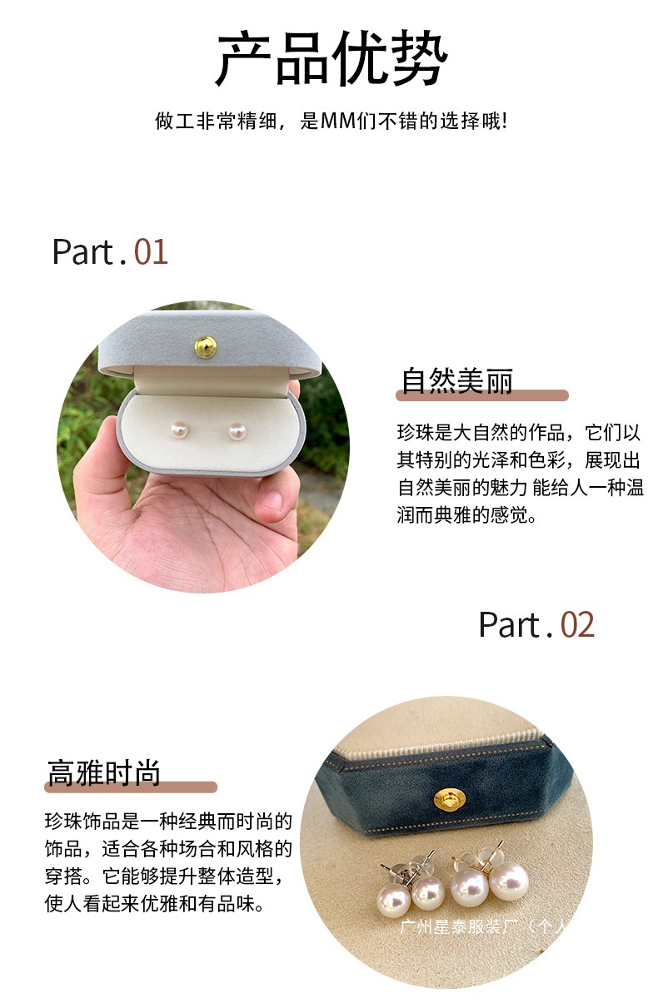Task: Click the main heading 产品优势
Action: pyautogui.click(x=331, y=58)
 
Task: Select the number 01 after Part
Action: pyautogui.click(x=151, y=252)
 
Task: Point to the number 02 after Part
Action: pyautogui.click(x=577, y=625)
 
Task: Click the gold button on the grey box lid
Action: pyautogui.click(x=206, y=347)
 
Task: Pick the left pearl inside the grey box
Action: pyautogui.click(x=179, y=430)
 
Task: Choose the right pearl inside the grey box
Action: pyautogui.click(x=237, y=431)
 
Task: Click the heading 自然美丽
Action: pyautogui.click(x=457, y=381)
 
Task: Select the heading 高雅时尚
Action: pyautogui.click(x=104, y=772)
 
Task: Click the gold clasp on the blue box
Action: pyautogui.click(x=450, y=799)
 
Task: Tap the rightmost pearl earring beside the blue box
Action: pyautogui.click(x=509, y=881)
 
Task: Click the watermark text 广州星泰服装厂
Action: pyautogui.click(x=459, y=927)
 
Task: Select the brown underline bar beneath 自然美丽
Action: pyautogui.click(x=482, y=395)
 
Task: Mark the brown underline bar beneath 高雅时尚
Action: pyautogui.click(x=131, y=787)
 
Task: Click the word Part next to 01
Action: pyautogui.click(x=84, y=252)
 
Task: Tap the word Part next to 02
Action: pyautogui.click(x=511, y=625)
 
